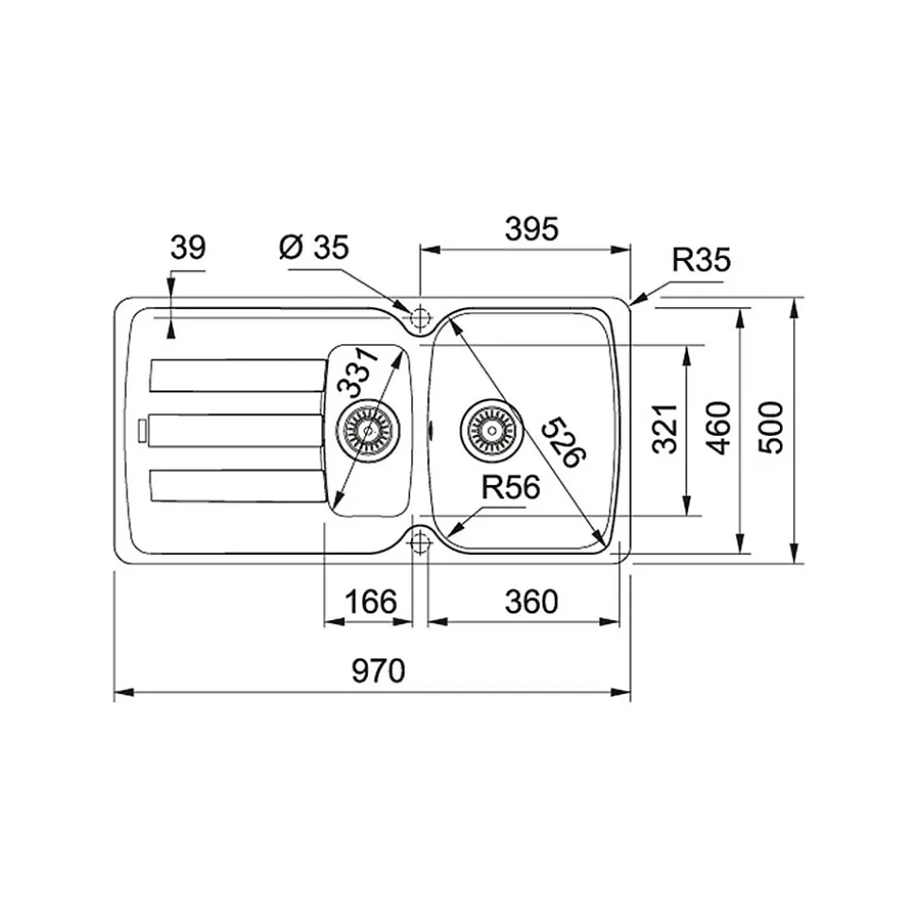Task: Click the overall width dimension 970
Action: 378,670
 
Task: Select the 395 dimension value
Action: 531,229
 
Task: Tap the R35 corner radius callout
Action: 701,260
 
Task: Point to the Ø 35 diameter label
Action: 314,247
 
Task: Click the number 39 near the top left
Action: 188,248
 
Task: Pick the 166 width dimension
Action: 371,601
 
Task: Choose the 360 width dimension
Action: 531,601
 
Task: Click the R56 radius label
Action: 510,487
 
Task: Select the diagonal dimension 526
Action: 562,442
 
